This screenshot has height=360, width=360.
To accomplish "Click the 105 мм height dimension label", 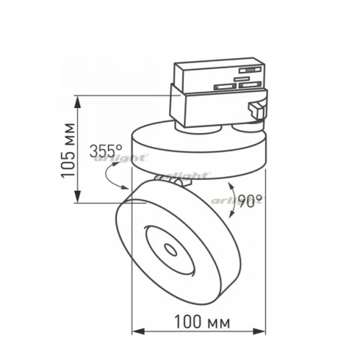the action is [x=68, y=151].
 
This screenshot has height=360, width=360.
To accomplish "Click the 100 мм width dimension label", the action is [x=202, y=322].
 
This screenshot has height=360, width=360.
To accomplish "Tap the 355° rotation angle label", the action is [x=106, y=151].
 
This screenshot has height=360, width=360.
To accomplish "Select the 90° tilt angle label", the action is [x=250, y=201].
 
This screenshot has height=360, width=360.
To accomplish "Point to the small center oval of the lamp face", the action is [x=170, y=250].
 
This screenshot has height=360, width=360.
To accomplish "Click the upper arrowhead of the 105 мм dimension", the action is [x=78, y=102].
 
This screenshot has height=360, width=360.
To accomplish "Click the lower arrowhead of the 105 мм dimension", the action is [x=78, y=196].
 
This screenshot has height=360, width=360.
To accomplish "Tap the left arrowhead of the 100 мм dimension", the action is [x=139, y=332].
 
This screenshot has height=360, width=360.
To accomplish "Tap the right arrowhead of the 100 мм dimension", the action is [x=259, y=332].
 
